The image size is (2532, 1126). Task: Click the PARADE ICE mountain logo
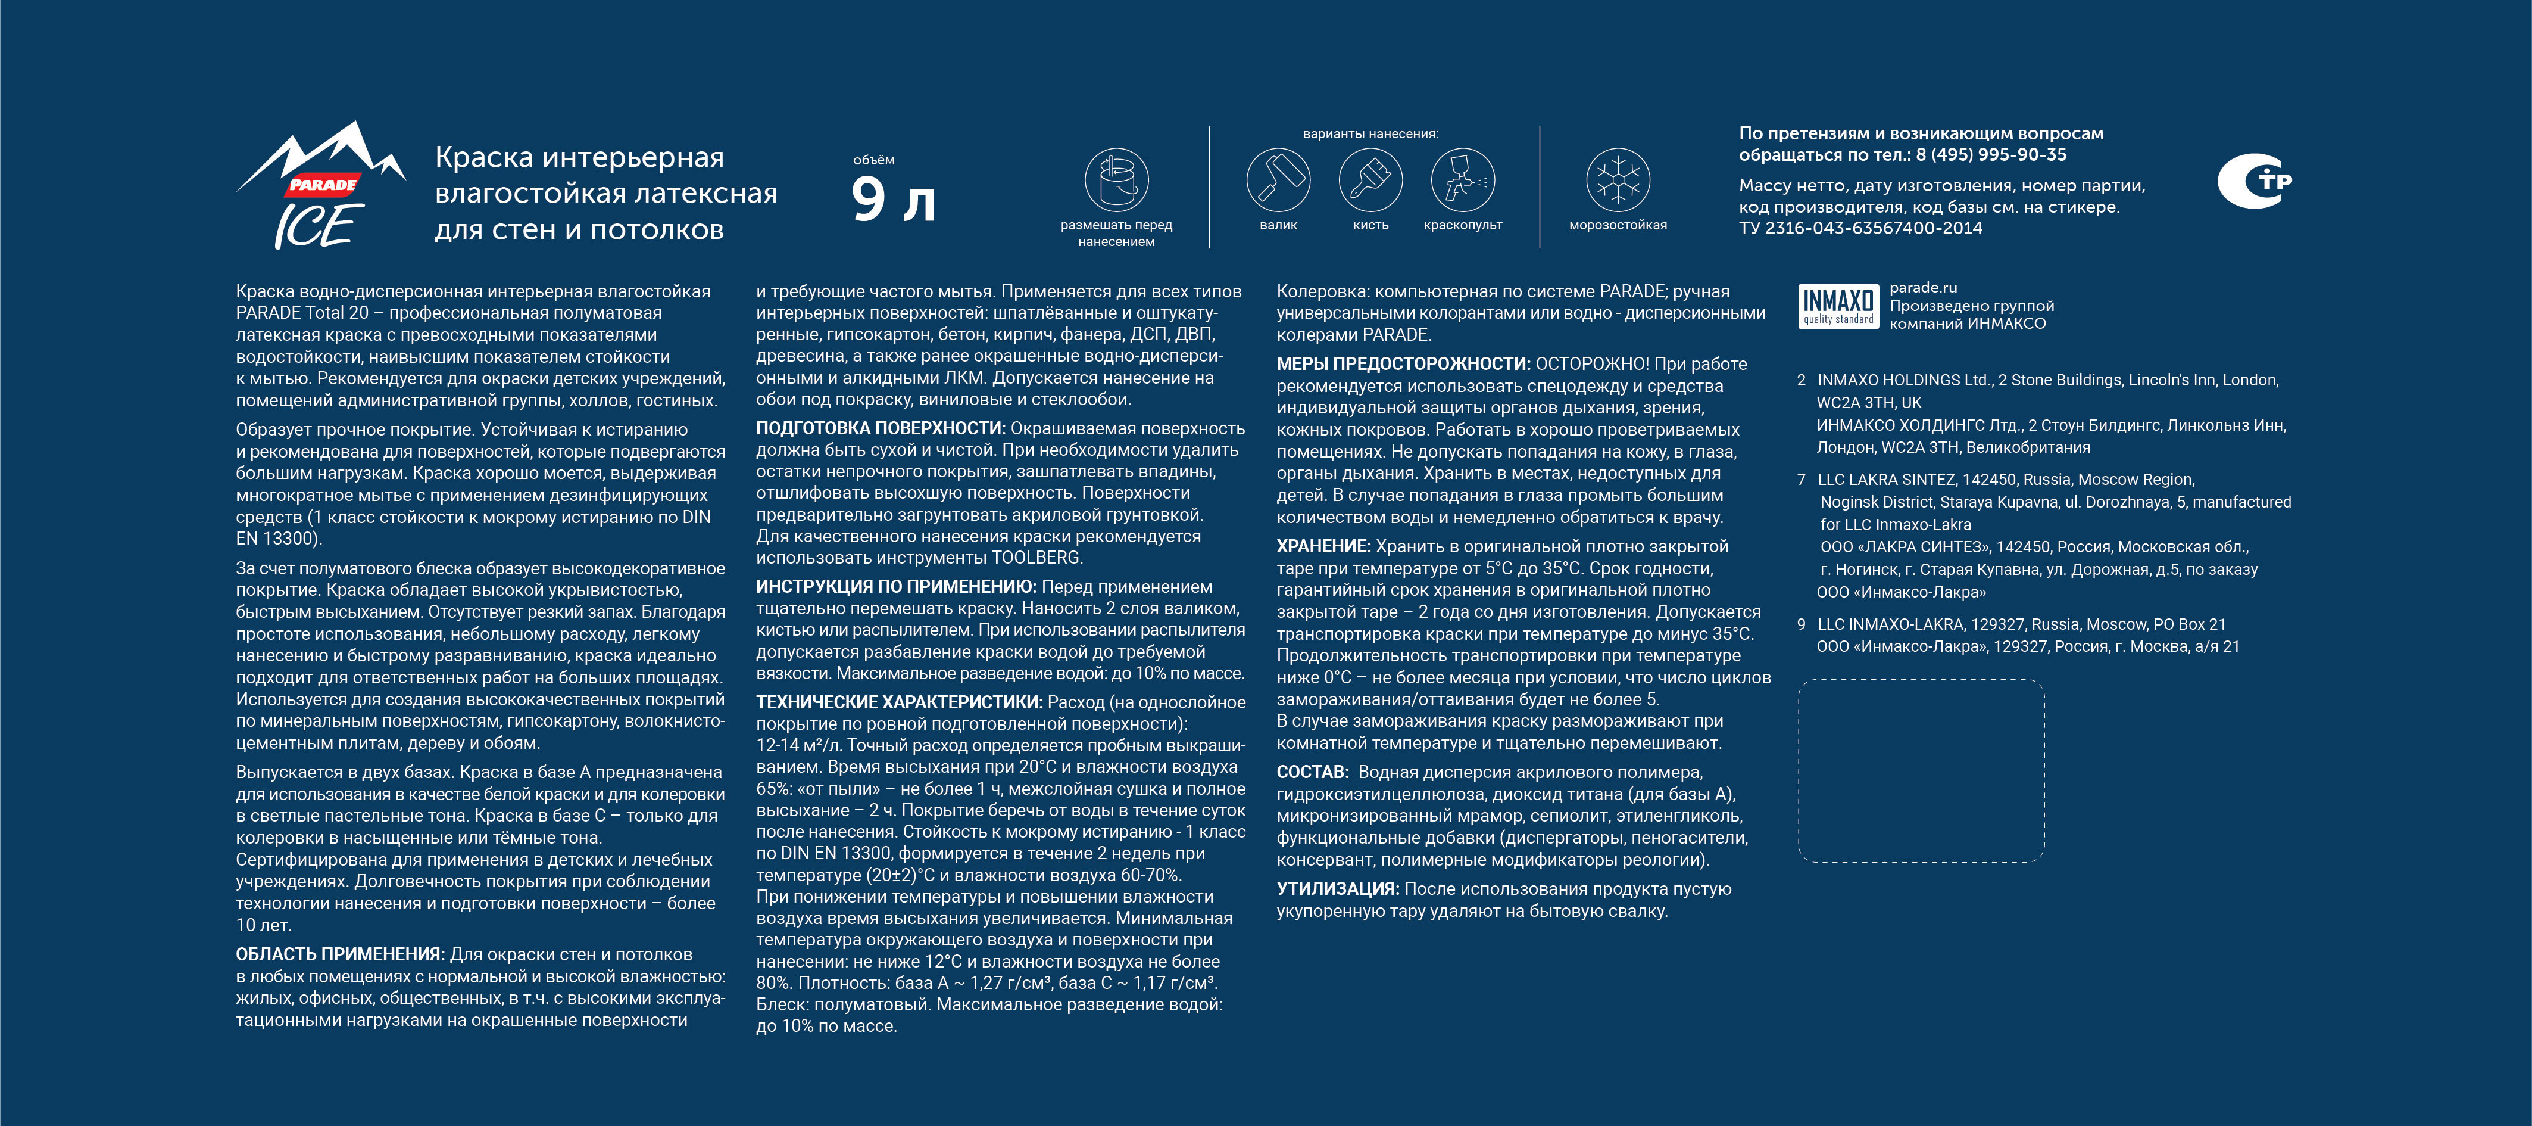click(x=320, y=187)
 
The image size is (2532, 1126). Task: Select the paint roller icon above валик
click(x=1278, y=180)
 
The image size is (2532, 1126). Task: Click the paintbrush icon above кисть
click(x=1370, y=180)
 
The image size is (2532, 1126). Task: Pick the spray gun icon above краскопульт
click(x=1463, y=180)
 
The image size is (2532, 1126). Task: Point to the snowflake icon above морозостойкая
click(x=1618, y=180)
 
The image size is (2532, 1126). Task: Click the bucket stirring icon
click(x=1117, y=180)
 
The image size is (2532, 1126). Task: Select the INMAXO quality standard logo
click(x=1837, y=306)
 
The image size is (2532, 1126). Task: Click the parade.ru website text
click(x=1922, y=287)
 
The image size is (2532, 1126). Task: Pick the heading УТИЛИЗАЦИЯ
click(x=1337, y=889)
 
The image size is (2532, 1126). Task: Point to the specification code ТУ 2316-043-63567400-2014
click(x=1860, y=228)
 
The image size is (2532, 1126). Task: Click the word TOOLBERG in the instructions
click(x=1035, y=558)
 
